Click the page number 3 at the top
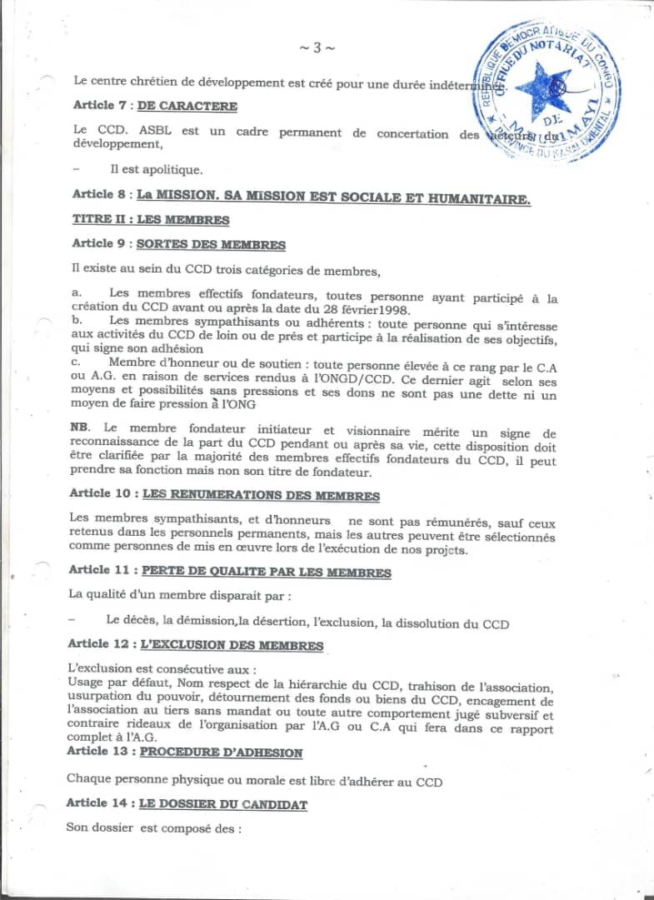tap(317, 47)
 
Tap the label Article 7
tap(99, 106)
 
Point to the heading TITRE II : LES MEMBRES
tap(150, 220)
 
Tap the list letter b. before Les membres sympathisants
tap(77, 320)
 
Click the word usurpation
tap(97, 701)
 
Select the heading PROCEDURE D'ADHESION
tap(221, 752)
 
